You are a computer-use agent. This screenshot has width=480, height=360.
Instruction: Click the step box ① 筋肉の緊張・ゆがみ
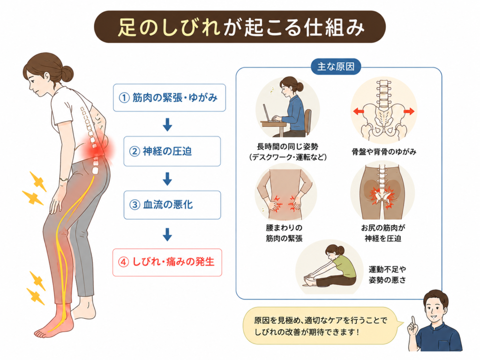pyautogui.click(x=169, y=97)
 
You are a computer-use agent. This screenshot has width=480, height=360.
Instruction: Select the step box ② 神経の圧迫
pyautogui.click(x=172, y=151)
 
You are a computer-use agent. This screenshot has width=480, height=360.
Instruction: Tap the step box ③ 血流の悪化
pyautogui.click(x=172, y=205)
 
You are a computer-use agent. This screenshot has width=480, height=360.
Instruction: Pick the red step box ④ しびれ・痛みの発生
pyautogui.click(x=167, y=262)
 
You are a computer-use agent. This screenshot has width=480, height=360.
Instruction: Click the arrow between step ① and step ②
pyautogui.click(x=167, y=124)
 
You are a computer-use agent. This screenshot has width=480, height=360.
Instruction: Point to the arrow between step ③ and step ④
pyautogui.click(x=167, y=234)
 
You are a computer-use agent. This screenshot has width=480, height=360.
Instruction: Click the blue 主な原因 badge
pyautogui.click(x=336, y=67)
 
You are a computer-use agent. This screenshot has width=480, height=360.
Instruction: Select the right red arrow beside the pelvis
pyautogui.click(x=409, y=112)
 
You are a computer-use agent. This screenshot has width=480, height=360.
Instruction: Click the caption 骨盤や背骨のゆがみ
pyautogui.click(x=384, y=151)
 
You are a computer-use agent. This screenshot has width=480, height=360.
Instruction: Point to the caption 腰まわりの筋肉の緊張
pyautogui.click(x=284, y=233)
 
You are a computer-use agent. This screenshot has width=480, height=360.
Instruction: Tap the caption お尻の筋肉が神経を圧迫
pyautogui.click(x=383, y=233)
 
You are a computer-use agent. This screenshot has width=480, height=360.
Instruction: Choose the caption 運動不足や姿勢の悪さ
pyautogui.click(x=387, y=275)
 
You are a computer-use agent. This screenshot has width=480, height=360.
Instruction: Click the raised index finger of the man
pyautogui.click(x=413, y=322)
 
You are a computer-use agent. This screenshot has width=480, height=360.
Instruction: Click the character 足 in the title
pyautogui.click(x=127, y=27)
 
